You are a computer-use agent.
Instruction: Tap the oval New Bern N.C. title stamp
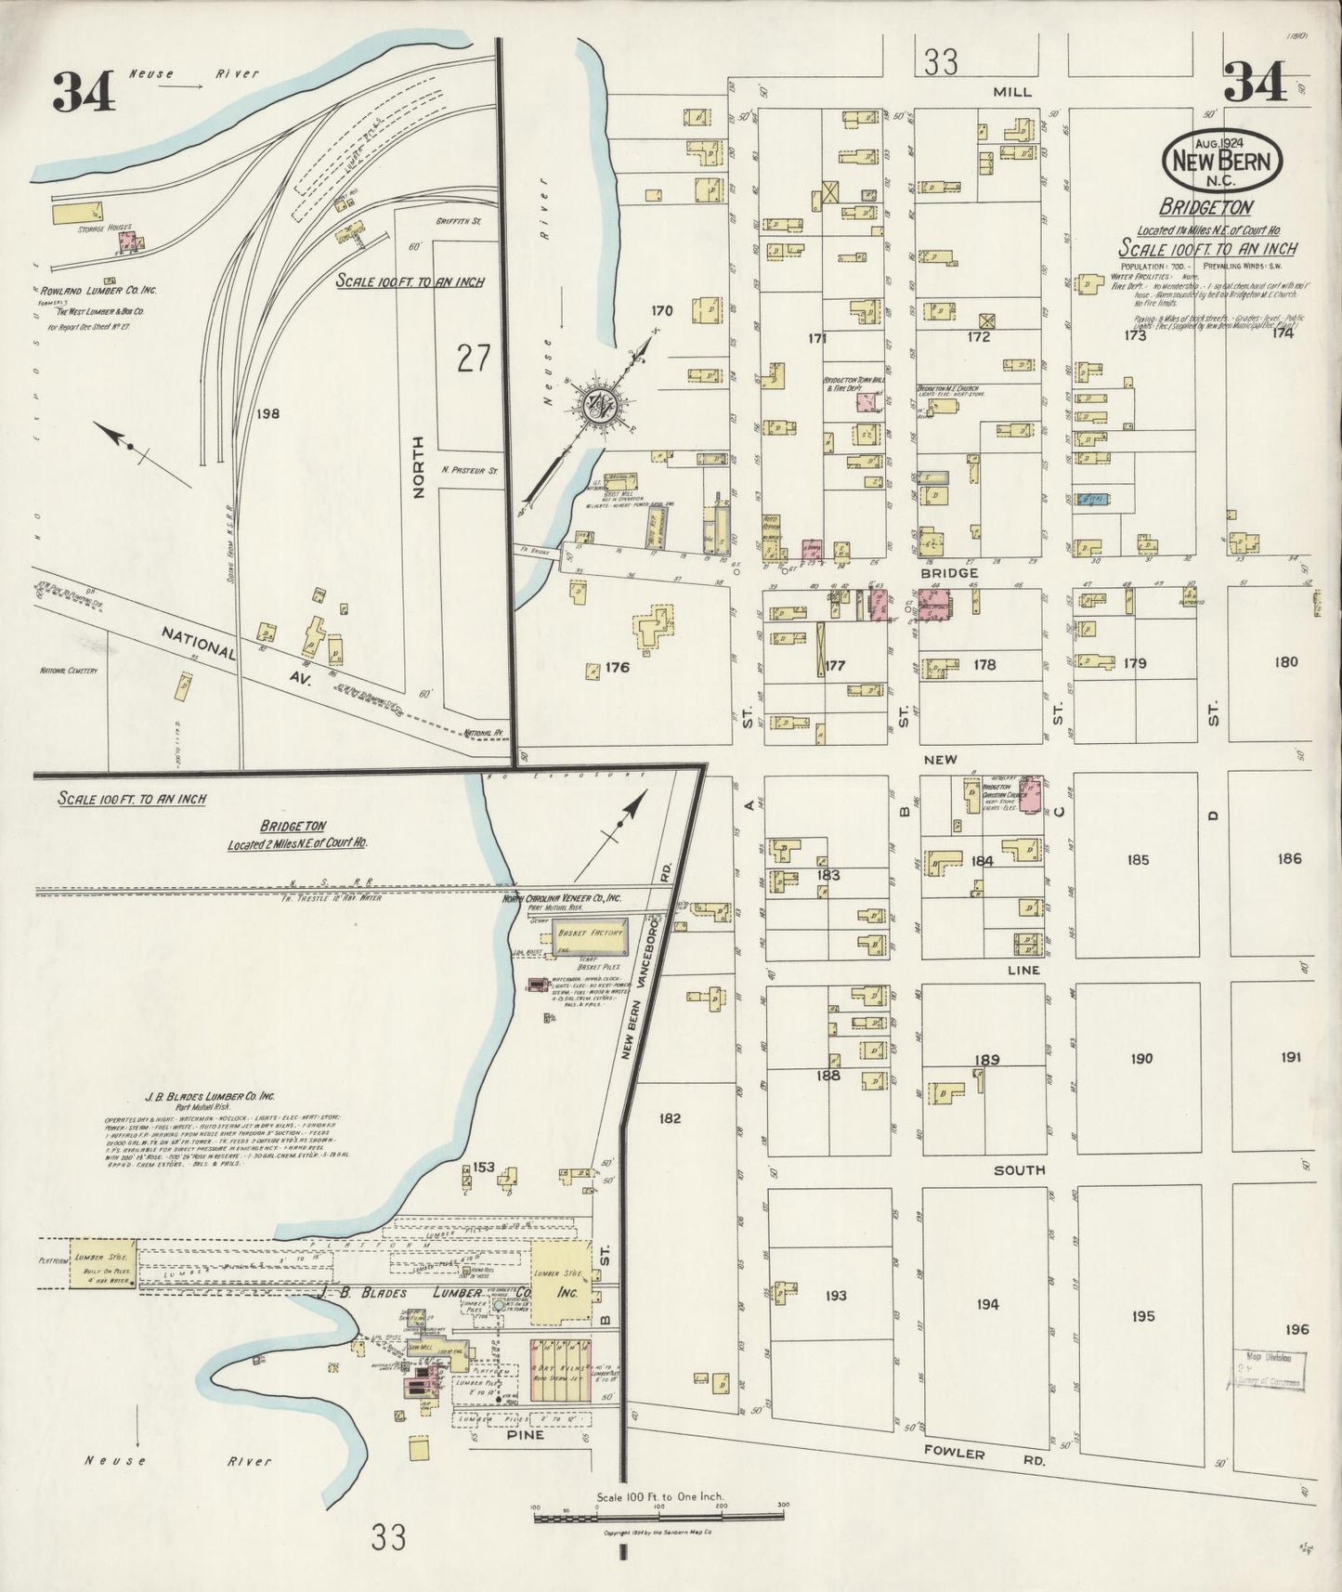1223,160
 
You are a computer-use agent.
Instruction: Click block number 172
978,337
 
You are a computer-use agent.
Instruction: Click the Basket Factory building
591,936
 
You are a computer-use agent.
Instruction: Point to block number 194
987,1304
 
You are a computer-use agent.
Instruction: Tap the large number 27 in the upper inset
473,357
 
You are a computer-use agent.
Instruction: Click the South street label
1019,1170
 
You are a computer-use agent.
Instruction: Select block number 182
669,1118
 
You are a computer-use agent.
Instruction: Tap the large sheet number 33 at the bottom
388,1538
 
